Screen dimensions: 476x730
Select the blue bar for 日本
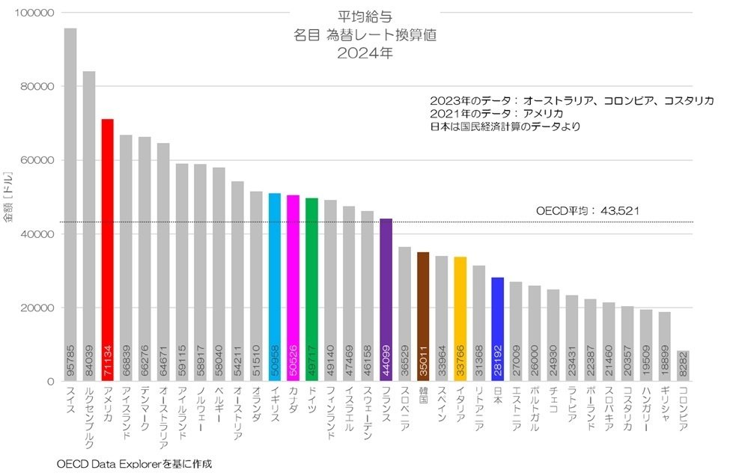coord(497,329)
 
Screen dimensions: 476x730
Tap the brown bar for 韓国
coord(423,314)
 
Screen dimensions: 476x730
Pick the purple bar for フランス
coord(386,299)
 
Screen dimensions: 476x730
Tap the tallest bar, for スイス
coord(70,202)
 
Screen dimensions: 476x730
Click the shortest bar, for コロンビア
coord(683,367)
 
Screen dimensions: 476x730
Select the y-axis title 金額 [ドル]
coord(9,198)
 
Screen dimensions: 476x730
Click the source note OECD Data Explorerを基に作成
coord(134,464)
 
